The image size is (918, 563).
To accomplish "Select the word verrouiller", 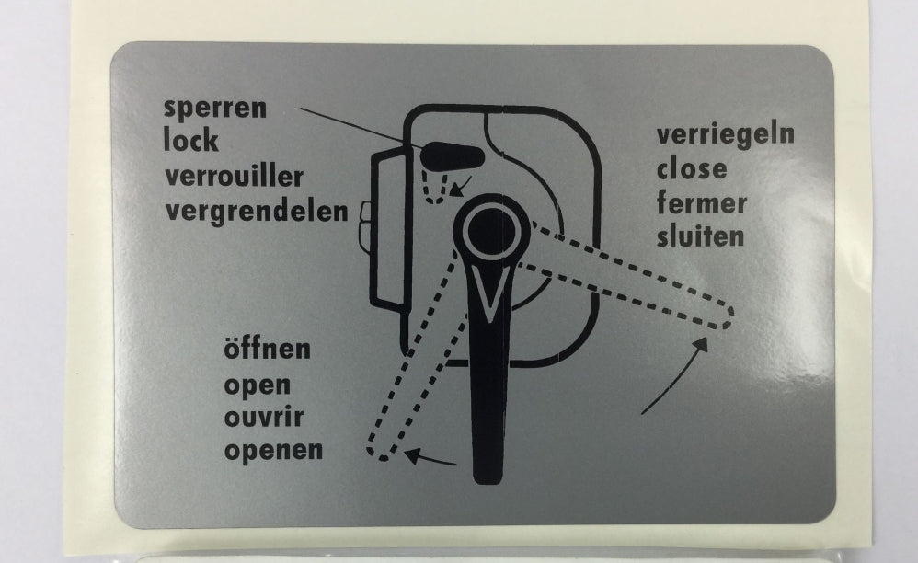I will [x=234, y=176].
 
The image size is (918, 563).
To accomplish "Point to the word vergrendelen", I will [x=257, y=211].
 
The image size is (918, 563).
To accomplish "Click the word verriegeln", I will [x=725, y=135].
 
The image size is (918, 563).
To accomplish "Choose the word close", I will [x=691, y=169].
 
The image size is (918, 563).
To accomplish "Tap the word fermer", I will [x=702, y=202].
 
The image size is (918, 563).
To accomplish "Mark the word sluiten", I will [x=700, y=236].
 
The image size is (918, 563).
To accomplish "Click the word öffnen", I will [x=267, y=350].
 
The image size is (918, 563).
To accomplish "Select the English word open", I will [x=257, y=385].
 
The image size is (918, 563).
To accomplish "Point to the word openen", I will [x=273, y=451].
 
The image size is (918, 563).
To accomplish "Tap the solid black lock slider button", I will [x=453, y=152].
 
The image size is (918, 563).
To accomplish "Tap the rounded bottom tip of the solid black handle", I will [x=488, y=474].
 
